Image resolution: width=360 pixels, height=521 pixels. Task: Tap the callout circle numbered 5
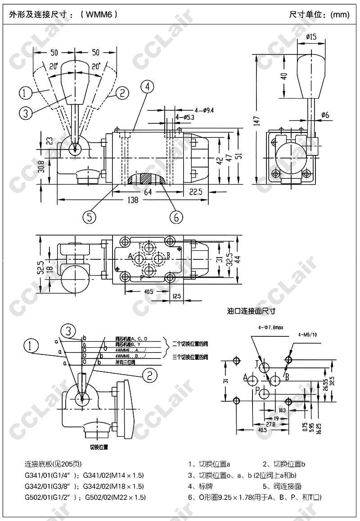click(x=90, y=217)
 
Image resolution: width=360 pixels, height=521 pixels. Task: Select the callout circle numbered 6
click(x=176, y=217)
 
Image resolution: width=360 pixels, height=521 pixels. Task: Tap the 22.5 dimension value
click(x=196, y=192)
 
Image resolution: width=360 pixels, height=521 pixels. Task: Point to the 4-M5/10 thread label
click(x=307, y=335)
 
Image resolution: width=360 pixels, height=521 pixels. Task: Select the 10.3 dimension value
click(x=282, y=410)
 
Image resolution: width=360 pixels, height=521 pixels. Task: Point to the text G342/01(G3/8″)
click(x=50, y=486)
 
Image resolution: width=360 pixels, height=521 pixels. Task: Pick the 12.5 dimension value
click(x=176, y=296)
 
